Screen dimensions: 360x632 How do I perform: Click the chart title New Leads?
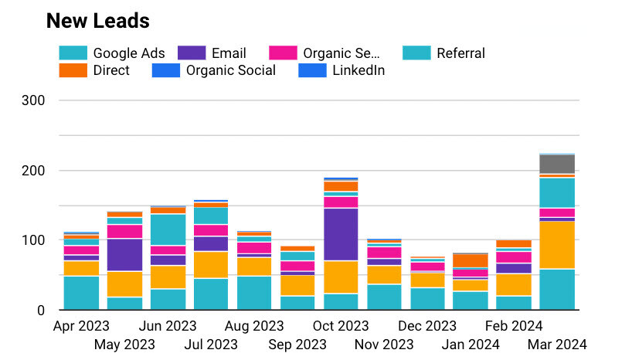98,21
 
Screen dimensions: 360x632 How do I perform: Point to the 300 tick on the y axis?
55,100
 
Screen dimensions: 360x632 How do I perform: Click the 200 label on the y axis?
55,171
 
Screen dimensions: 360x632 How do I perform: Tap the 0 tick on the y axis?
62,311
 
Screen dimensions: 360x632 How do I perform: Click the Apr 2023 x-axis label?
81,326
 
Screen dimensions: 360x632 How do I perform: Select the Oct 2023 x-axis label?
341,326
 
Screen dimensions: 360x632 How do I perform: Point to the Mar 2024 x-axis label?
558,344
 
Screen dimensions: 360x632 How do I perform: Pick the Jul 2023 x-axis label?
210,344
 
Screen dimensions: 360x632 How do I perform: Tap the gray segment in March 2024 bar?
557,164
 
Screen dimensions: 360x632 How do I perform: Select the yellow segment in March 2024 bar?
557,245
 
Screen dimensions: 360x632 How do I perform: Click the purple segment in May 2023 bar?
124,255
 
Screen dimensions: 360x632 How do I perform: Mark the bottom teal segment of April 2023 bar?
81,293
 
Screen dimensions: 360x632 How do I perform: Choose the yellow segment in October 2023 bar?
341,277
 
